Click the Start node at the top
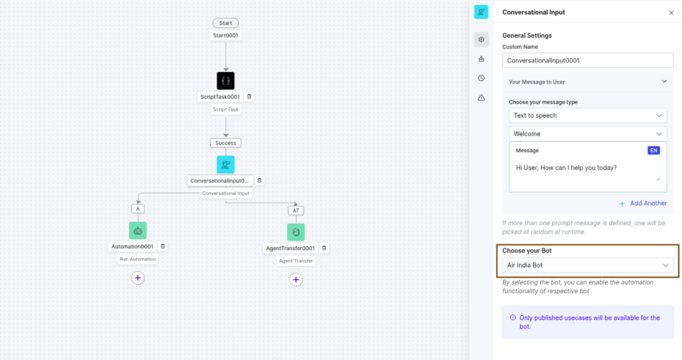(225, 23)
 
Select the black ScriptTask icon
(225, 81)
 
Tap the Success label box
(225, 143)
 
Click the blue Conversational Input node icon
(225, 165)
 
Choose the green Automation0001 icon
(138, 231)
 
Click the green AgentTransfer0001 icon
(296, 233)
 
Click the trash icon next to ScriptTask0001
(250, 96)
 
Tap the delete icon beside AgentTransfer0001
(324, 249)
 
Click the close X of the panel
(671, 13)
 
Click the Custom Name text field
(587, 60)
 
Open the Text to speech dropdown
(587, 115)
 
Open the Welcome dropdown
(587, 134)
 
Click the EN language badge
(654, 151)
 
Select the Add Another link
(643, 203)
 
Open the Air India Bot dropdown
(587, 265)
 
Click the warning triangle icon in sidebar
(481, 98)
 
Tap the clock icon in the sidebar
(481, 79)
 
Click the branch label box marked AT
(296, 210)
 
